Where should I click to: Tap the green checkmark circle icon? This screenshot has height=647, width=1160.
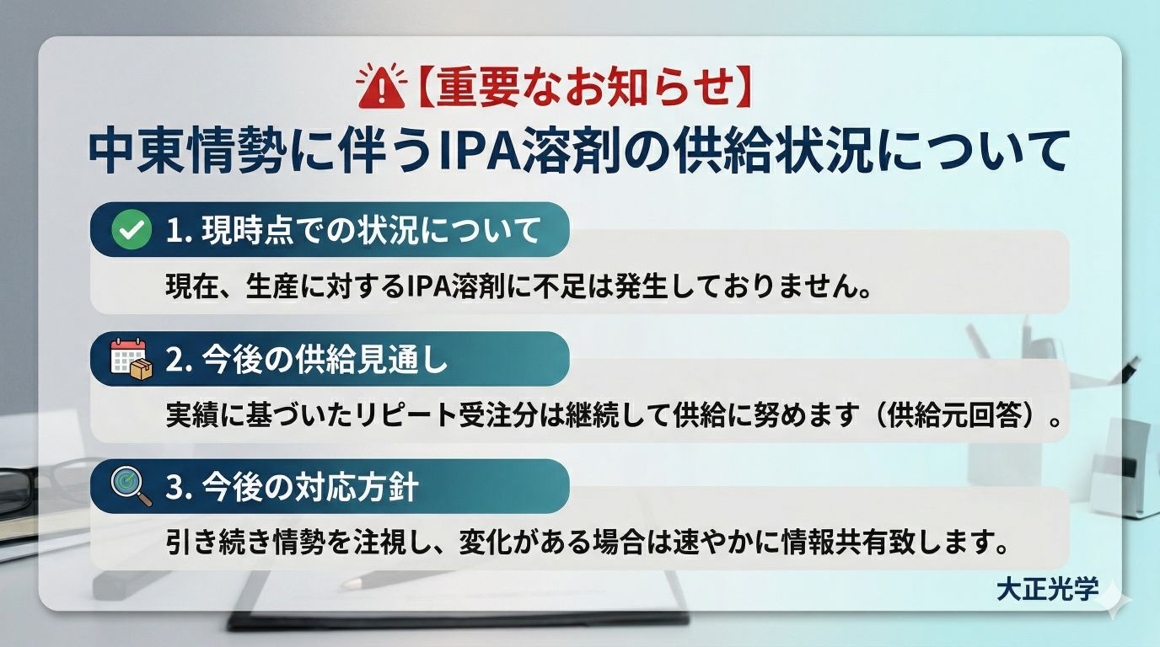tap(132, 229)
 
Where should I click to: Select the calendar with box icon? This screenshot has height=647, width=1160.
tap(132, 359)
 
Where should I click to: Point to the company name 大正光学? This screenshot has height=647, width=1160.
tap(1047, 589)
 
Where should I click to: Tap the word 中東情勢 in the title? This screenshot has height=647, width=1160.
tap(187, 152)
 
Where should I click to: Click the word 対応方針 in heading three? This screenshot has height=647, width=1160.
tap(357, 487)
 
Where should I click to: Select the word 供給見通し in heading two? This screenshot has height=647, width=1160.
tap(371, 360)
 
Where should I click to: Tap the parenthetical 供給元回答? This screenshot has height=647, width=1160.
tap(954, 414)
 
